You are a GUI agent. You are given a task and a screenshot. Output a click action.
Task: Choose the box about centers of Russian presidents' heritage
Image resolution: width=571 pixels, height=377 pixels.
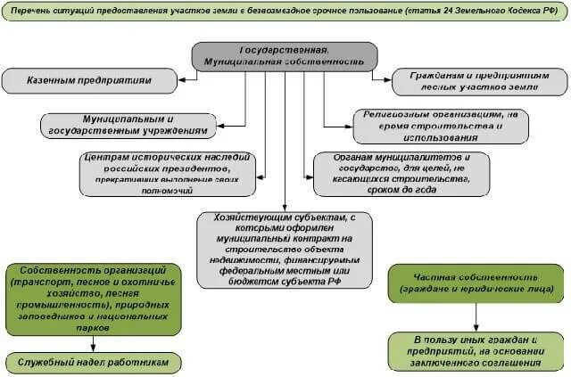[x=167, y=173]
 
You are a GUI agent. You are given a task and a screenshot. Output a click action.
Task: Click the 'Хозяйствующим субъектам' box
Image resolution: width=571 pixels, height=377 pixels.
[x=285, y=249]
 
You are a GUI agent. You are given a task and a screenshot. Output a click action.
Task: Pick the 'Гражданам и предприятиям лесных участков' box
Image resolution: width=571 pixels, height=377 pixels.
[x=477, y=81]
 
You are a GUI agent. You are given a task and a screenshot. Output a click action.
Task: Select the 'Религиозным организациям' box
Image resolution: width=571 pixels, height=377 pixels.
[x=441, y=126]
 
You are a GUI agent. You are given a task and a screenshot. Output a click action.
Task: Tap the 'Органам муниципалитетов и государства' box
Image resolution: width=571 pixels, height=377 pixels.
[x=401, y=173]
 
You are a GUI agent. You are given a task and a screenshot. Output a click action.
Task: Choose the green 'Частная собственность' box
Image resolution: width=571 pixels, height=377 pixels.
[x=476, y=283]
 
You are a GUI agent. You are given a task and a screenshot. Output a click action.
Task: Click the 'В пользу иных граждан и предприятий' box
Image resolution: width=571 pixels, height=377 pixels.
[x=476, y=351]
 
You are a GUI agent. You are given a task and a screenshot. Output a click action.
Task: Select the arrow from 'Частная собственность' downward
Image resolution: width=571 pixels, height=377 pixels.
[x=476, y=316]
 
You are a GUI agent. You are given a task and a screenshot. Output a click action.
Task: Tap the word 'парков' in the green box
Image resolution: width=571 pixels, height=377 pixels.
[x=95, y=327]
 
